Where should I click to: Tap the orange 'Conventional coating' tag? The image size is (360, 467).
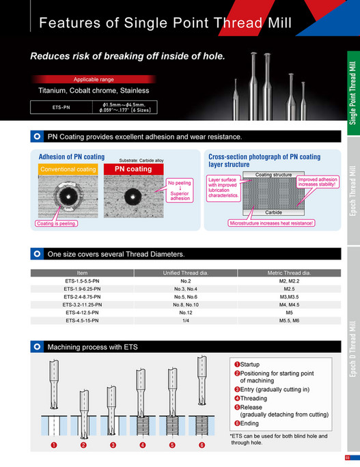point(68,169)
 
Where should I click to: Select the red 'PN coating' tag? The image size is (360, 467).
point(133,169)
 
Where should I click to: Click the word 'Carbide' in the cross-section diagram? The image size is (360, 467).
point(273,212)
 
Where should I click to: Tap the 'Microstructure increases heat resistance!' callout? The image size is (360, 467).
point(271,223)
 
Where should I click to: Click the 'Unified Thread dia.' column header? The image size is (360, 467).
point(185,272)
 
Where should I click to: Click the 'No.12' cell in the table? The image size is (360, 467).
point(185,312)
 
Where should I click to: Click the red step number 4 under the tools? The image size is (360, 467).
point(143,445)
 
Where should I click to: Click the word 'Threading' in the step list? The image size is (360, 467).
point(253,398)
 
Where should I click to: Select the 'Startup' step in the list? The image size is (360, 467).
point(249,365)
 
